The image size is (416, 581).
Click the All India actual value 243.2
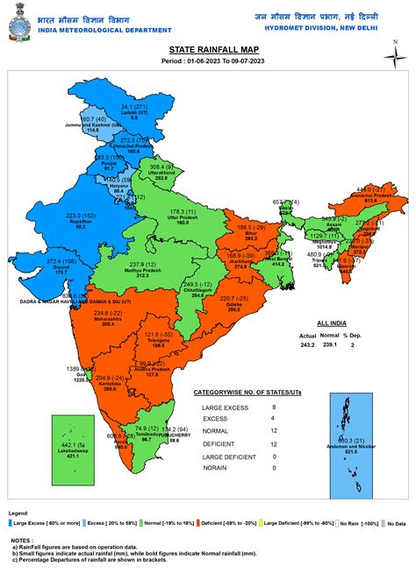[x=307, y=344]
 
